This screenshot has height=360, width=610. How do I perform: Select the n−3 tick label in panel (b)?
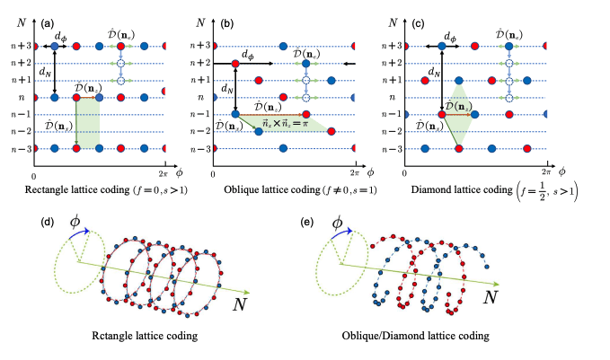click(x=200, y=148)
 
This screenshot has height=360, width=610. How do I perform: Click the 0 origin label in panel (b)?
click(x=214, y=170)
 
